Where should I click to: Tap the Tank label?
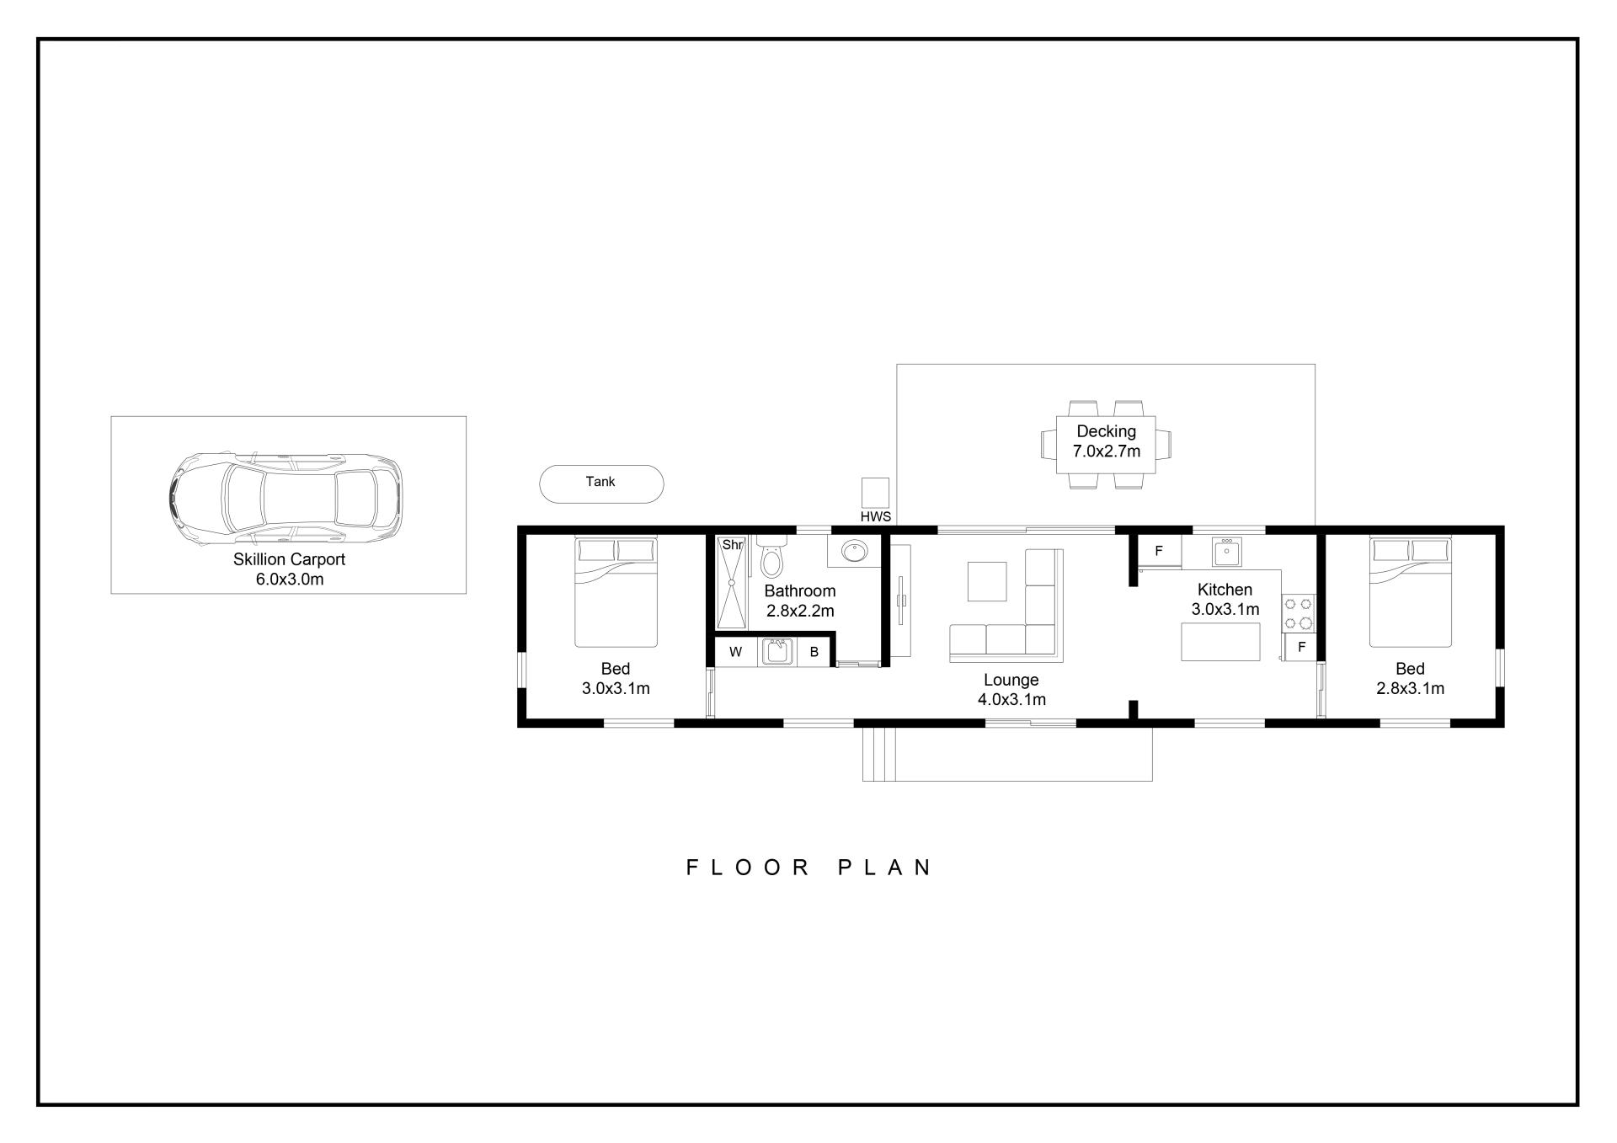[600, 482]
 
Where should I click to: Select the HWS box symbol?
[875, 493]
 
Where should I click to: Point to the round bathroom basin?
[855, 552]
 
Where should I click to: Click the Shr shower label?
[732, 545]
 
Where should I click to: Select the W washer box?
[735, 652]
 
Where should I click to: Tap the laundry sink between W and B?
[776, 652]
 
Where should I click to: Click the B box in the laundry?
[814, 652]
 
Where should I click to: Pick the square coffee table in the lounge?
[987, 581]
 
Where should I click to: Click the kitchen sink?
[1227, 553]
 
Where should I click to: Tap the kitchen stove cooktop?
[1298, 613]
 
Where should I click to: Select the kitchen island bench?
[1220, 642]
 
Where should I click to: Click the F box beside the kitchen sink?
[1159, 551]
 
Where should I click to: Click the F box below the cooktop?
[1301, 647]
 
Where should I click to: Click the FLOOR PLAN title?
[808, 868]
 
